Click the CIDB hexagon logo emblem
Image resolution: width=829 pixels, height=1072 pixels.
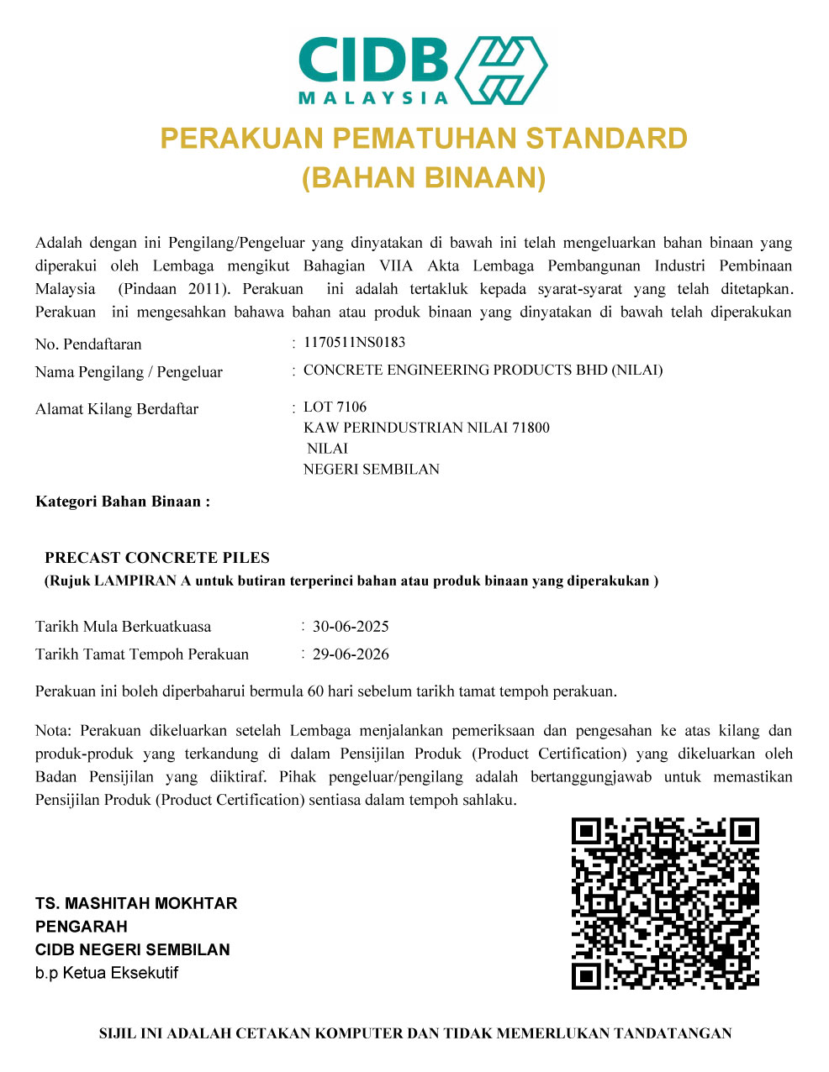click(x=502, y=70)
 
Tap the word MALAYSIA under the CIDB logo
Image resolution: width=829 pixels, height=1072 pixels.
click(x=374, y=97)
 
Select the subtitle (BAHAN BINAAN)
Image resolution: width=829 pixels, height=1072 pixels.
click(x=424, y=177)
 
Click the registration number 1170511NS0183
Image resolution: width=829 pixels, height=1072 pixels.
click(x=354, y=343)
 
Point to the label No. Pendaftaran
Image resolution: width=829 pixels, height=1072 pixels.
click(x=88, y=344)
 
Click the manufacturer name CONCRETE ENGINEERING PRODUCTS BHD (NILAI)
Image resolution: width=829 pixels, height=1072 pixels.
click(x=483, y=370)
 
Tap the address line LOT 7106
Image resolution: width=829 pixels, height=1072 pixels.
click(x=335, y=407)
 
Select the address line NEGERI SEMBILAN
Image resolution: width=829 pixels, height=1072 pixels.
click(x=371, y=470)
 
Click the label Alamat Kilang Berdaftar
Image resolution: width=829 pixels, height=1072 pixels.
click(x=117, y=409)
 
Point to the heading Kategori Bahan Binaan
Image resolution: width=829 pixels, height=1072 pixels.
click(x=123, y=502)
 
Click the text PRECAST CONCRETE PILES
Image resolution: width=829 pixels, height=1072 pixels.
click(x=157, y=558)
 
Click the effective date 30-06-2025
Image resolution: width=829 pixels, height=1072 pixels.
click(x=351, y=627)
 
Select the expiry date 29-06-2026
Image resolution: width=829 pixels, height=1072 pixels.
click(x=351, y=654)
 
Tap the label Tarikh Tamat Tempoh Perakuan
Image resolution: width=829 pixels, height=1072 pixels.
click(x=142, y=654)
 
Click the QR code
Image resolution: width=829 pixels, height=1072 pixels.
click(x=665, y=903)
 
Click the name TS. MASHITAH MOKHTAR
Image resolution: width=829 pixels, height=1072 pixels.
click(x=136, y=904)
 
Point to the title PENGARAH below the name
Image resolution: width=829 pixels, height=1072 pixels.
click(x=82, y=927)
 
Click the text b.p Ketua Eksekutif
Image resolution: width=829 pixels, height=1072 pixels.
click(x=107, y=974)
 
